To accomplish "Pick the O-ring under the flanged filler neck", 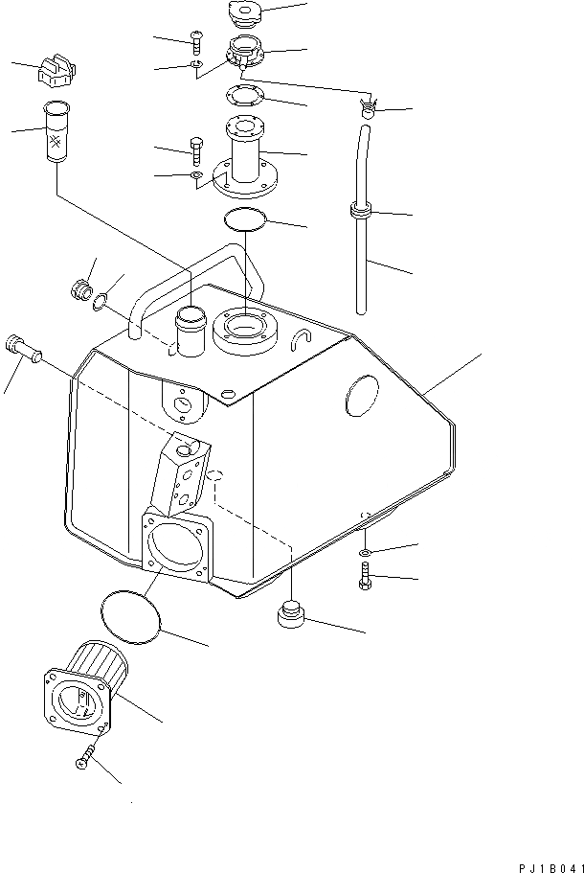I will (245, 220).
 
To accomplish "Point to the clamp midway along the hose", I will (361, 211).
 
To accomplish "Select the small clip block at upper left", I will (56, 72).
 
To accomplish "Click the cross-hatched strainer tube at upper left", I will (58, 133).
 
